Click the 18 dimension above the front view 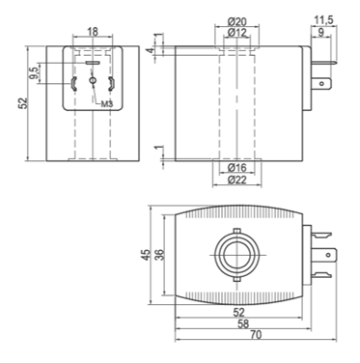(x=93, y=32)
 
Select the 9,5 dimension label (x=33, y=72)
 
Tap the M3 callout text (x=107, y=103)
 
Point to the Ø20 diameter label (x=237, y=21)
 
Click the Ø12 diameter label (x=237, y=32)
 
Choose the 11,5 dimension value (x=323, y=20)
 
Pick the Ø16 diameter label (x=237, y=167)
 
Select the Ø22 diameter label (x=237, y=180)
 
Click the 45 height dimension (x=146, y=255)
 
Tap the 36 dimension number (x=160, y=255)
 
